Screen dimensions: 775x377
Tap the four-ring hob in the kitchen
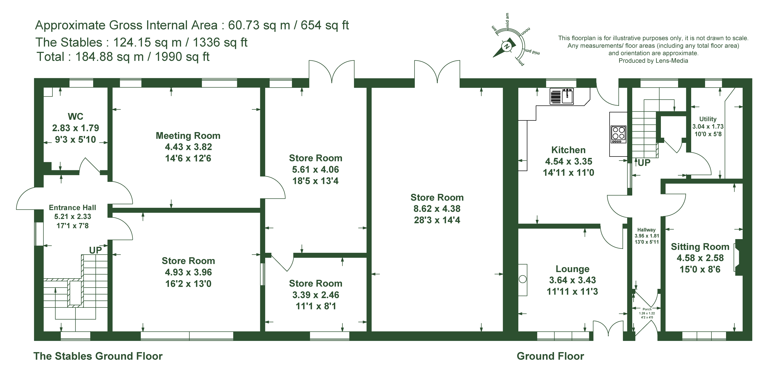point(618,134)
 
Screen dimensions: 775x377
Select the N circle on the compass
point(506,47)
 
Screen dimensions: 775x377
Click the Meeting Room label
point(188,136)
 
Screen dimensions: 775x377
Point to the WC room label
point(76,116)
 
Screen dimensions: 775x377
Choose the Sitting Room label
point(700,247)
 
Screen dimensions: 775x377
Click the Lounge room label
point(572,269)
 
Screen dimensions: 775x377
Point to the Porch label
point(647,309)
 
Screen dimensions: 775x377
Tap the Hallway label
point(646,230)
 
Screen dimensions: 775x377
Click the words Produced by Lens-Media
point(653,61)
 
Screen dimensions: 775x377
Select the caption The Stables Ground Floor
point(98,356)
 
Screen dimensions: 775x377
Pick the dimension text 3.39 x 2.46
point(316,295)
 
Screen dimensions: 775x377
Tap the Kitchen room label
point(568,150)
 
